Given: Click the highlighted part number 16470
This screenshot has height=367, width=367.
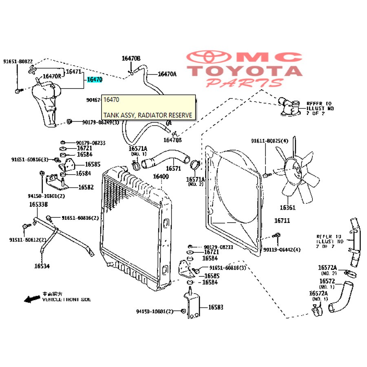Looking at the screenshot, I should pyautogui.click(x=94, y=80).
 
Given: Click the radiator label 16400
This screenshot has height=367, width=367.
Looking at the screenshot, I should pyautogui.click(x=161, y=177).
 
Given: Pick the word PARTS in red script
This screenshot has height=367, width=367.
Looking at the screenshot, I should pyautogui.click(x=244, y=82).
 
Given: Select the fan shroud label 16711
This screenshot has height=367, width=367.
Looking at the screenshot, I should pyautogui.click(x=282, y=221).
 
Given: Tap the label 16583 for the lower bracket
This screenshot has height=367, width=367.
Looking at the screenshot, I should pyautogui.click(x=216, y=307).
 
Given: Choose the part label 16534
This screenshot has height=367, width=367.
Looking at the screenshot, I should pyautogui.click(x=42, y=266).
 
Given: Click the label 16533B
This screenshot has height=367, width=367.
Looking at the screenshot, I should pyautogui.click(x=38, y=204).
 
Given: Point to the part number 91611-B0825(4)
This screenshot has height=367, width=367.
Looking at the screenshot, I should pyautogui.click(x=270, y=141).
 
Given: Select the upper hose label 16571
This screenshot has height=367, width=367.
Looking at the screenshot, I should pyautogui.click(x=173, y=168).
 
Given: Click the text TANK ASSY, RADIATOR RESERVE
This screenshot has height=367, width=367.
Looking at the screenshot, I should pyautogui.click(x=147, y=115).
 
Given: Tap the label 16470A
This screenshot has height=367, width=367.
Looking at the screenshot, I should pyautogui.click(x=167, y=74).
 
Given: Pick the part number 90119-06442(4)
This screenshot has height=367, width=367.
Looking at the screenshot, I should pyautogui.click(x=282, y=250).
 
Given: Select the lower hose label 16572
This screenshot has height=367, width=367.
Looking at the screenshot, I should pyautogui.click(x=327, y=281).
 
